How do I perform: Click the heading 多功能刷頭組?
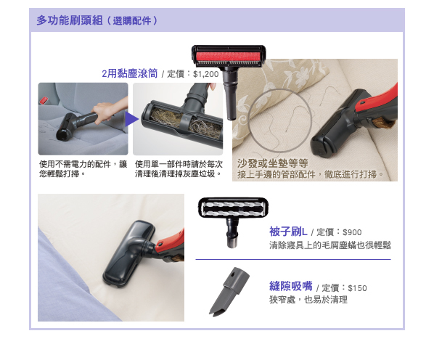tap(70, 20)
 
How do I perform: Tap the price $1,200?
tap(205, 74)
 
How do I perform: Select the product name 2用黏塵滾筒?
tap(129, 73)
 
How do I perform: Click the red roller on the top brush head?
tap(229, 57)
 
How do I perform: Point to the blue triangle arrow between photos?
tap(131, 119)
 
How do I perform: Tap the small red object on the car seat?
tap(43, 100)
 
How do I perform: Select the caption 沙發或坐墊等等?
tap(272, 163)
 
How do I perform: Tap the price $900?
tap(352, 232)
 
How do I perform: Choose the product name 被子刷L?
tap(288, 232)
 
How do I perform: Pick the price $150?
tap(357, 288)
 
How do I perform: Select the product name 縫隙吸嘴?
tap(291, 286)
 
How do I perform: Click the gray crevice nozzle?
tap(229, 290)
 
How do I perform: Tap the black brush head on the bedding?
tap(129, 254)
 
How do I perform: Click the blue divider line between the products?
tap(293, 259)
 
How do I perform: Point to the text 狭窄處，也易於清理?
tap(308, 300)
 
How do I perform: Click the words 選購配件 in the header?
tap(132, 21)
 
